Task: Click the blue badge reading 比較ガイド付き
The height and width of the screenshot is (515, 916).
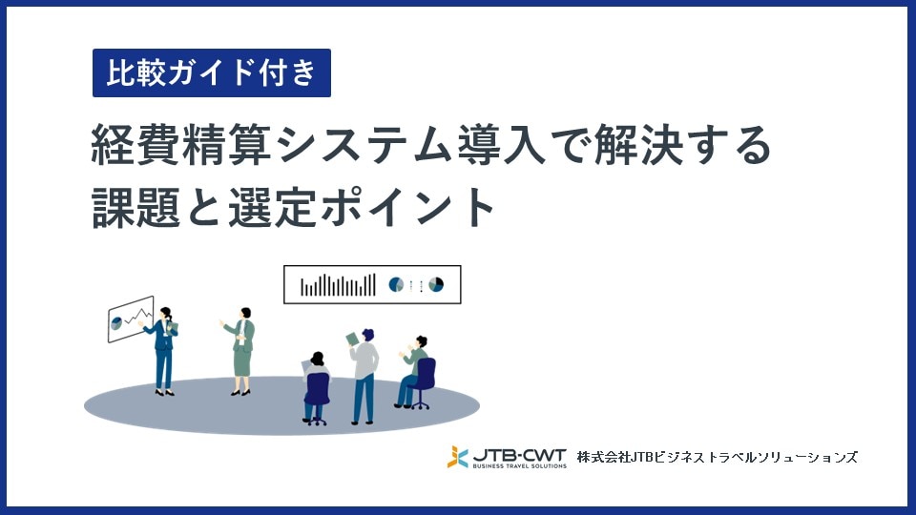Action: pos(211,73)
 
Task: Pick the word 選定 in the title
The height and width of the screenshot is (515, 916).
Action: pos(272,207)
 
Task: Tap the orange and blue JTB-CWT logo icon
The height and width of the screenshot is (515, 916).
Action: pos(458,457)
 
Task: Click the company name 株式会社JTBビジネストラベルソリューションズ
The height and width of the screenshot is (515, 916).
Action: pos(717,458)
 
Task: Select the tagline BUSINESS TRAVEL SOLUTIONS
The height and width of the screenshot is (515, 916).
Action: pos(519,465)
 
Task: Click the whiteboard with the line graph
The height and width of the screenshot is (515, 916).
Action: pos(131,318)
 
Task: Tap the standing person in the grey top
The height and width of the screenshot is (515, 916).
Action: pos(364,376)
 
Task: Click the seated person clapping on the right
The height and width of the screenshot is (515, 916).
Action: pos(415,371)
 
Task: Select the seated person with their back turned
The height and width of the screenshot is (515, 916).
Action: pos(316,386)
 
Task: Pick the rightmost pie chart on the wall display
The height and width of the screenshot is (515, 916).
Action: pos(436,284)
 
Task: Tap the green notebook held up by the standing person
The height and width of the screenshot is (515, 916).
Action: pos(351,338)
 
